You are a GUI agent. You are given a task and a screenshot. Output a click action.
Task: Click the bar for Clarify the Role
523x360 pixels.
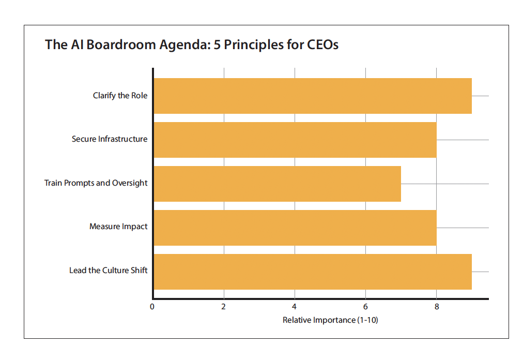coord(313,96)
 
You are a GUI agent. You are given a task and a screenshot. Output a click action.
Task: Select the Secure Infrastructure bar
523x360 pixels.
coord(295,140)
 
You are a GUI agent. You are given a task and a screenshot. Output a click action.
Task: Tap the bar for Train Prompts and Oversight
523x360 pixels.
coord(277,184)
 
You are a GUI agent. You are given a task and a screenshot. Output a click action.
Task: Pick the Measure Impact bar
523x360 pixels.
coord(295,228)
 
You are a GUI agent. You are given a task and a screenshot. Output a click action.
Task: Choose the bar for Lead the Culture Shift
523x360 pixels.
coord(313,272)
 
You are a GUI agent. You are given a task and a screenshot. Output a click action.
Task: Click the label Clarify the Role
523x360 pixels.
coord(120,96)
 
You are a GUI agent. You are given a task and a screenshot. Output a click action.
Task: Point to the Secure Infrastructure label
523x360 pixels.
coord(110,139)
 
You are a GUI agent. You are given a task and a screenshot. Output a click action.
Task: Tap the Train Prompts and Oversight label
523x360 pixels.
coord(96,183)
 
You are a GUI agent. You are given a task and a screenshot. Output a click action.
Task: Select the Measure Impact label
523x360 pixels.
coord(118,227)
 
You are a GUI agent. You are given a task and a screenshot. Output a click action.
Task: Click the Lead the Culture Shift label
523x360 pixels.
coord(109,271)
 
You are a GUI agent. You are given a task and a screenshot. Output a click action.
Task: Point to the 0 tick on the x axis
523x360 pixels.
coord(152,307)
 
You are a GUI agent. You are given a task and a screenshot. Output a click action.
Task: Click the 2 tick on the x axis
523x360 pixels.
coord(224,307)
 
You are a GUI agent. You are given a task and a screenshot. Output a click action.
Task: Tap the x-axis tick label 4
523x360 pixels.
coord(295,307)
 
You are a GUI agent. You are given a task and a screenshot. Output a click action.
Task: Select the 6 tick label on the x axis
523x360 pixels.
coord(366,307)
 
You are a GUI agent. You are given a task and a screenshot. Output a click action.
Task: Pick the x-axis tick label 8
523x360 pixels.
coord(437,307)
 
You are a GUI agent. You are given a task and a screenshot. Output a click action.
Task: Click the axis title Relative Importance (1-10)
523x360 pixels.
coord(330,320)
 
